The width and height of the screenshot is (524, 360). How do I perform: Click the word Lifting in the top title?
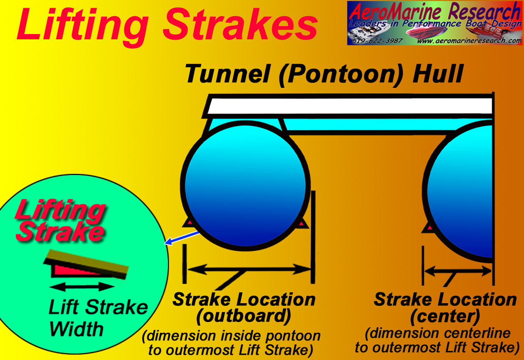pos(83,28)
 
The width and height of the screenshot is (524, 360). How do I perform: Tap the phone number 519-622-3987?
pos(377,41)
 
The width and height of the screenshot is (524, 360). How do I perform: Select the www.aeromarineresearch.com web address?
pos(469,41)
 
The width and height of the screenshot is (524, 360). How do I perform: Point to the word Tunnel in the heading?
pos(227,74)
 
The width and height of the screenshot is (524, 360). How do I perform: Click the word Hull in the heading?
pos(438,74)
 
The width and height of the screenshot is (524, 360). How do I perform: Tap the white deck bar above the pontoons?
pos(348,107)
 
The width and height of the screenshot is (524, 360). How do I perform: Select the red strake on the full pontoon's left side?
pos(189,222)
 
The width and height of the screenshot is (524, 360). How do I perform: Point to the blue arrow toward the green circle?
pos(182,238)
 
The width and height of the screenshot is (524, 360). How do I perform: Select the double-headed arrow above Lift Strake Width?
pos(82,287)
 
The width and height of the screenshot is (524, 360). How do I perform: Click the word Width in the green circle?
pos(76,329)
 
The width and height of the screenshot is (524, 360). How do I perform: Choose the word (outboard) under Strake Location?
pos(243,316)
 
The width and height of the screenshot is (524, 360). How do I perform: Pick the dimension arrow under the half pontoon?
pos(458,271)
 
